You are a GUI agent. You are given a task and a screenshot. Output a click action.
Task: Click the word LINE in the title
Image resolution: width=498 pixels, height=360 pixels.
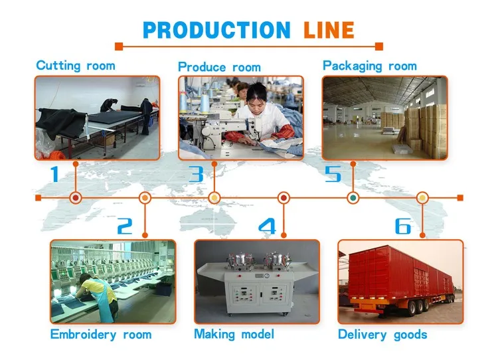(x=329, y=30)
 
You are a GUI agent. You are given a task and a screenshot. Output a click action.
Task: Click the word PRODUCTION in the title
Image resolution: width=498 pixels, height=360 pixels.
(x=216, y=30)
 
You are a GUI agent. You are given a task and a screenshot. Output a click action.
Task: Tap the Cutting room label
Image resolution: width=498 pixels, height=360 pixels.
(x=76, y=66)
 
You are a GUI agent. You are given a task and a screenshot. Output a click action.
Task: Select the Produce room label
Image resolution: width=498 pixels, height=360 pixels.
(x=219, y=67)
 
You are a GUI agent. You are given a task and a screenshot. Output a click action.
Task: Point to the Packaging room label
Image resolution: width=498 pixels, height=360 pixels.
(x=370, y=66)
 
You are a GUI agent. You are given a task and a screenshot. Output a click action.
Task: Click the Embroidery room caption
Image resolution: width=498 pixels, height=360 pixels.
(x=101, y=335)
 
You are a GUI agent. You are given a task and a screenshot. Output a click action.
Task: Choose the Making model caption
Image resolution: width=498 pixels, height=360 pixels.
(x=234, y=334)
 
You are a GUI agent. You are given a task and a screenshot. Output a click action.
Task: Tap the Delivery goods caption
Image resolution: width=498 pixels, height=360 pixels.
(x=382, y=335)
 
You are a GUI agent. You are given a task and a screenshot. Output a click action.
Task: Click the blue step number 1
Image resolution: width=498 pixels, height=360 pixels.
(x=55, y=174)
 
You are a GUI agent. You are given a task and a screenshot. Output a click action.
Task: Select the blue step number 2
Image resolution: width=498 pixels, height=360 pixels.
(x=125, y=226)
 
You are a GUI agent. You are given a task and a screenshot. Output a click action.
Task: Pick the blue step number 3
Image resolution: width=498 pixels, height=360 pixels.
(x=196, y=174)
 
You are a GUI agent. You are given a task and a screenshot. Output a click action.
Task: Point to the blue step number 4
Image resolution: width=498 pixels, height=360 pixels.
(x=268, y=226)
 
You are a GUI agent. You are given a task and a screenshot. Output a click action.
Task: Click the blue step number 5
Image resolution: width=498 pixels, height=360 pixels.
(x=333, y=174)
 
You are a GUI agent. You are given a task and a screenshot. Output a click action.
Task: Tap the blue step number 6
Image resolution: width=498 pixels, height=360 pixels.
(x=403, y=226)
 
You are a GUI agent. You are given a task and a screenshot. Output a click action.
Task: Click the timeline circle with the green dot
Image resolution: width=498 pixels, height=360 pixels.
(x=353, y=198)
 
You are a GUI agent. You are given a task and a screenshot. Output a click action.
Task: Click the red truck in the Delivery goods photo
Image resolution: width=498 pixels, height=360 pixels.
(x=401, y=281)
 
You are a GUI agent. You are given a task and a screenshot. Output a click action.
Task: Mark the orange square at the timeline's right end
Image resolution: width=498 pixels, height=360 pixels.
(x=460, y=198)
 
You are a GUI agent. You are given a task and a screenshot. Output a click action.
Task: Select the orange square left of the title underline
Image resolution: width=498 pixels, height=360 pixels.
(x=119, y=46)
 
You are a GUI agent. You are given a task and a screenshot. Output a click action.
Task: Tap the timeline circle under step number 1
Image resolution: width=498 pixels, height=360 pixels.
(x=76, y=198)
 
